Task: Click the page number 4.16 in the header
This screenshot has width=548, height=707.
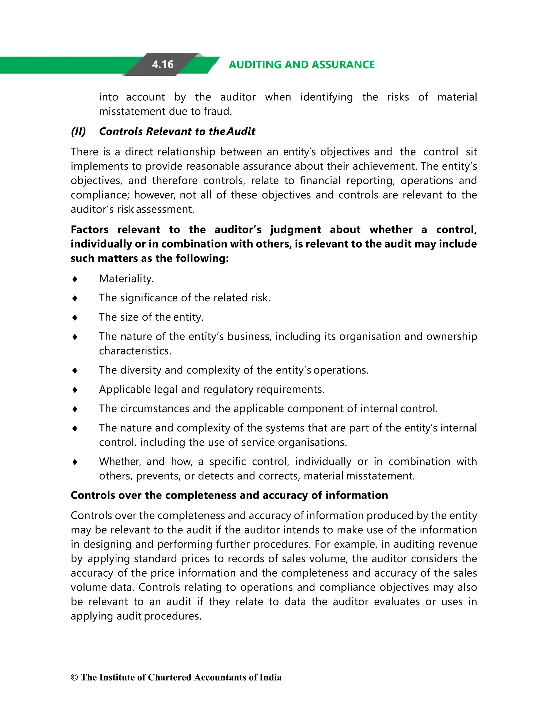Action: click(162, 64)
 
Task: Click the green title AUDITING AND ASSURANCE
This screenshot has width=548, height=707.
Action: click(301, 64)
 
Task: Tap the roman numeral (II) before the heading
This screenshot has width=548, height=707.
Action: click(78, 131)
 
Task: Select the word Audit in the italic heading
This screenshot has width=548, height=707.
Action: click(241, 131)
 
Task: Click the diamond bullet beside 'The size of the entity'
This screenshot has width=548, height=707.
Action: click(75, 317)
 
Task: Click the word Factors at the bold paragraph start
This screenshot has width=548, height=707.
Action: click(90, 230)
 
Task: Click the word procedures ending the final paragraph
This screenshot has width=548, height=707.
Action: click(173, 616)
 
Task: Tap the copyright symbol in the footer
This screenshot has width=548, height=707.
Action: click(74, 677)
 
